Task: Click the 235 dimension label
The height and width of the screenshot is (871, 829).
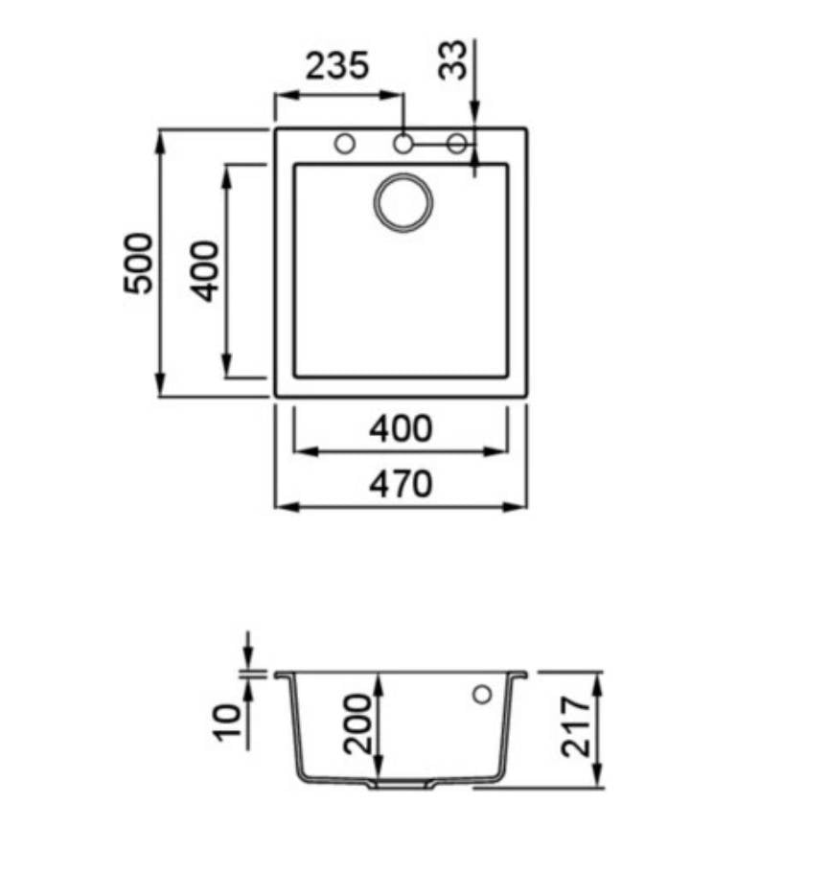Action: [x=337, y=65]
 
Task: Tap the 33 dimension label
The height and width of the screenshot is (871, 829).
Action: [x=453, y=60]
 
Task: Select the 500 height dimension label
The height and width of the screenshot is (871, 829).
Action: [x=138, y=263]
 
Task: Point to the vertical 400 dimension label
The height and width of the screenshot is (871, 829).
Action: [x=204, y=271]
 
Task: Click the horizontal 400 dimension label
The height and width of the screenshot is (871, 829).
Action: [x=401, y=428]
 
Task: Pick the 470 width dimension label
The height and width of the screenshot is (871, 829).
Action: [x=401, y=484]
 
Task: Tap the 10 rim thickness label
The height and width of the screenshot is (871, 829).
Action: [x=228, y=722]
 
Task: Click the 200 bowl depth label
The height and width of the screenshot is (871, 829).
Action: [x=357, y=723]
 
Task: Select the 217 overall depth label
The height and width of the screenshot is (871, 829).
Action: [x=576, y=727]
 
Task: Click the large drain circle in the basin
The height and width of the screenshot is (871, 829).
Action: [x=403, y=203]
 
